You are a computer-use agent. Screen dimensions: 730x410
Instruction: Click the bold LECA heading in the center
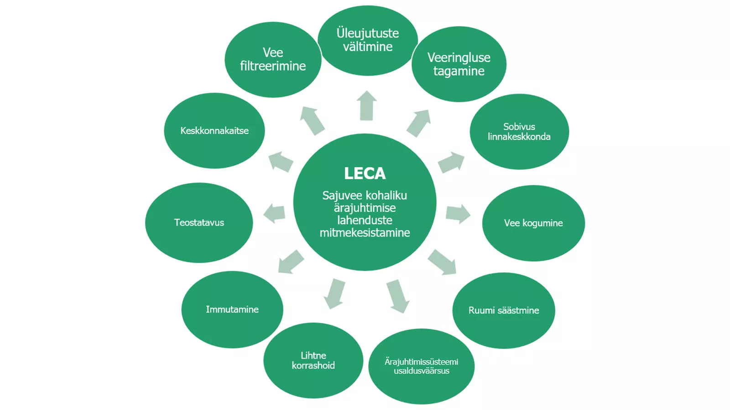pyautogui.click(x=365, y=174)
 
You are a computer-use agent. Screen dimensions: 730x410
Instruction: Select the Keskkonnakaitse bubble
pyautogui.click(x=214, y=130)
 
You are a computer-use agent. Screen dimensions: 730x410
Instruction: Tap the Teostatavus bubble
pyautogui.click(x=199, y=223)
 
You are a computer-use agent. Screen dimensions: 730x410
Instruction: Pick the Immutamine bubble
pyautogui.click(x=232, y=309)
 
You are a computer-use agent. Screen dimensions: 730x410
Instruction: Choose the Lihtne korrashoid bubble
pyautogui.click(x=313, y=360)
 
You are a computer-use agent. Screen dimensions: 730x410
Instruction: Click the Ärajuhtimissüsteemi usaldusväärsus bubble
pyautogui.click(x=422, y=366)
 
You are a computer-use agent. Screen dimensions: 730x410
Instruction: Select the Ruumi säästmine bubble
pyautogui.click(x=504, y=310)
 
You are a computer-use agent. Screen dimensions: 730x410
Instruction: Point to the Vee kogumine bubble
pyautogui.click(x=533, y=223)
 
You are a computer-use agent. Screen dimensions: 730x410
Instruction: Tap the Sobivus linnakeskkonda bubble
pyautogui.click(x=519, y=132)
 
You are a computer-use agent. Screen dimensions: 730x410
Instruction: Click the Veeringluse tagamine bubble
pyautogui.click(x=459, y=64)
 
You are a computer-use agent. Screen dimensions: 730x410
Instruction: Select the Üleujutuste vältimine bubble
pyautogui.click(x=368, y=41)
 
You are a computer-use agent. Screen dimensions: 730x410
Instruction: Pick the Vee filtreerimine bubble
pyautogui.click(x=273, y=60)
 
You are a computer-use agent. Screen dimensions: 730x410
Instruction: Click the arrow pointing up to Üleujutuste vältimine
pyautogui.click(x=367, y=105)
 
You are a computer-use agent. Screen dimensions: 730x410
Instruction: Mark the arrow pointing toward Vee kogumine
pyautogui.click(x=458, y=214)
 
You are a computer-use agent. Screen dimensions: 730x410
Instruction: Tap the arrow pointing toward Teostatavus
pyautogui.click(x=274, y=213)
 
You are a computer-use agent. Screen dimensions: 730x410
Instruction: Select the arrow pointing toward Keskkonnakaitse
pyautogui.click(x=281, y=162)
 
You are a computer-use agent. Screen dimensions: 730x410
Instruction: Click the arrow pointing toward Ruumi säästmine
pyautogui.click(x=442, y=262)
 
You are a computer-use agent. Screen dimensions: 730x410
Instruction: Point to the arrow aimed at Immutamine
pyautogui.click(x=291, y=262)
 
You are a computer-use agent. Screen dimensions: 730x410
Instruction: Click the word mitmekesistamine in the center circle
pyautogui.click(x=365, y=233)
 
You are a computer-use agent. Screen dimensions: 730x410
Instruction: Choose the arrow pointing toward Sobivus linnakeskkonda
pyautogui.click(x=451, y=162)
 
